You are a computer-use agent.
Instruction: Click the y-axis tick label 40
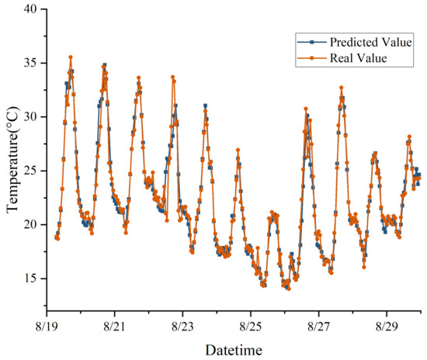coord(30,9)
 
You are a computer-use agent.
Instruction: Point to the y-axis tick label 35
coord(30,64)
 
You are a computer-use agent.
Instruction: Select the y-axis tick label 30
coord(30,117)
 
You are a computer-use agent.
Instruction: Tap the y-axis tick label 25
coord(30,171)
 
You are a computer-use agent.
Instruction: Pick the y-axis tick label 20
coord(30,224)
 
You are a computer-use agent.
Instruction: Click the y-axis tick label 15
coord(30,278)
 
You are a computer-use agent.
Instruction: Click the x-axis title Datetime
coord(234,350)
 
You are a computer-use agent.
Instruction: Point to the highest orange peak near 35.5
coord(71,57)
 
